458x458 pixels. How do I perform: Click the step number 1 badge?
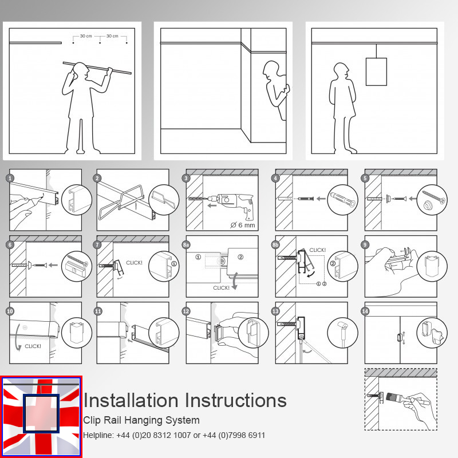tap(10, 178)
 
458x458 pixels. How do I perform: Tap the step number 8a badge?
tap(187, 245)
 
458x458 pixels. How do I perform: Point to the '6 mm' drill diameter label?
tap(243, 224)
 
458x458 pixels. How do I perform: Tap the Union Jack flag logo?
tap(41, 416)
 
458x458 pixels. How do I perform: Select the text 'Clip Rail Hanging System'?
tap(141, 420)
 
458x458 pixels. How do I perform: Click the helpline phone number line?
tap(174, 436)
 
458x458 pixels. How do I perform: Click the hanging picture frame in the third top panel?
tap(376, 72)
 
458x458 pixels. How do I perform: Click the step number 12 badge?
tap(187, 311)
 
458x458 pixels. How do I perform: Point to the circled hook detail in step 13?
tap(342, 332)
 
